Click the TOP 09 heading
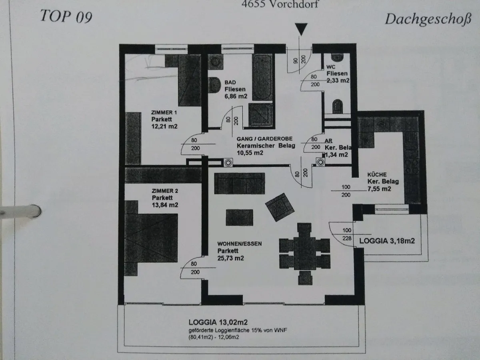tap(66, 16)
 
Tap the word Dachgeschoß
tap(428, 20)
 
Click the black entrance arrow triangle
tap(301, 29)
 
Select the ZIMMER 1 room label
tap(164, 112)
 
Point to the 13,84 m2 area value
tap(165, 205)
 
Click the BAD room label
tap(230, 82)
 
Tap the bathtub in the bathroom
tap(262, 77)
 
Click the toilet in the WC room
tap(338, 106)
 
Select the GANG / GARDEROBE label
tap(264, 139)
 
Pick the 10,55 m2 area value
tap(250, 153)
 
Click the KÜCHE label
tap(377, 175)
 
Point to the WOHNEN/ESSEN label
tap(240, 244)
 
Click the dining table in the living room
tap(305, 253)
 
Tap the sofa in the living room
tap(240, 183)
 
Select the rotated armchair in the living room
tap(280, 207)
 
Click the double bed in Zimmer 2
tap(151, 238)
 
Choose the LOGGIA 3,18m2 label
tap(387, 241)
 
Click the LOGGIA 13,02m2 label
tap(218, 322)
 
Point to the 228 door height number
tap(347, 238)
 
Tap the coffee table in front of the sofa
tap(240, 218)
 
